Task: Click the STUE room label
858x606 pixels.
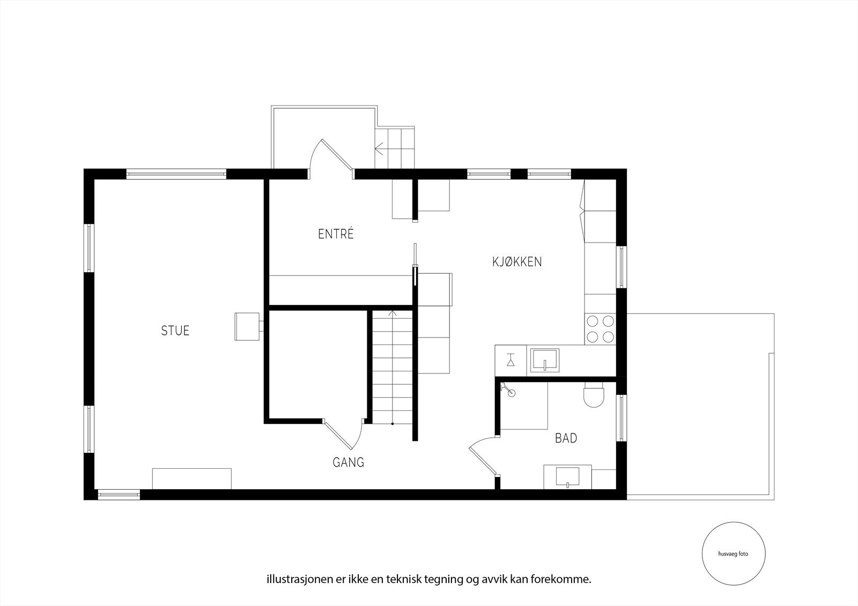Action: click(x=175, y=331)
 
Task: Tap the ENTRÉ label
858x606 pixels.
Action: click(x=336, y=234)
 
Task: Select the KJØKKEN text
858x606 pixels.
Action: click(x=517, y=262)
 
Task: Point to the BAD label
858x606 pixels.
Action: click(x=566, y=438)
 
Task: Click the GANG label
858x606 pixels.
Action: click(x=348, y=462)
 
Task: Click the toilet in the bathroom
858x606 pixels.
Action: click(x=593, y=394)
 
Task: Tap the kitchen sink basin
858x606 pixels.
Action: click(x=545, y=360)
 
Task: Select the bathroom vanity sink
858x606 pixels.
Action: click(x=568, y=477)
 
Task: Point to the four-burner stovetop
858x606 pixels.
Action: click(x=600, y=329)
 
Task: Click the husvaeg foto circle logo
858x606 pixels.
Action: click(x=734, y=553)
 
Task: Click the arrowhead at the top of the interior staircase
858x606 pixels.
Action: click(x=392, y=313)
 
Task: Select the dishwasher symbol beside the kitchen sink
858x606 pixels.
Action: click(x=511, y=360)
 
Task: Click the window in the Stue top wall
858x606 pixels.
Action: click(x=176, y=174)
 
